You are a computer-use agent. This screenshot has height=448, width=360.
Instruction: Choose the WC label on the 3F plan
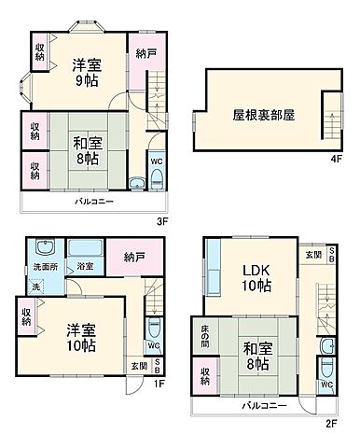[156, 159]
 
